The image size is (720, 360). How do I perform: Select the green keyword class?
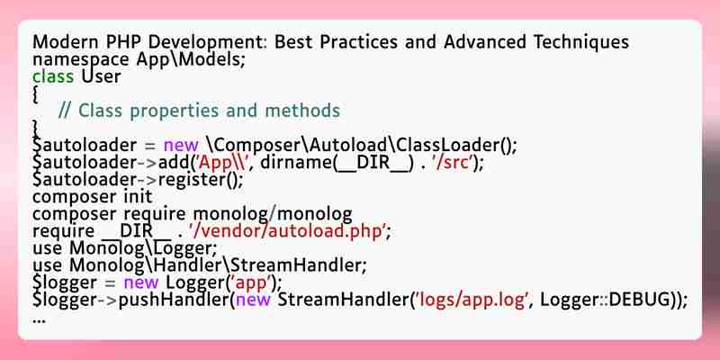[x=53, y=76]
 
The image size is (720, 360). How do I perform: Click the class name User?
[x=101, y=76]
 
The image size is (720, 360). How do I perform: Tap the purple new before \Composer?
[x=181, y=146]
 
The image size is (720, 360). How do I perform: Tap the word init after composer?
[x=138, y=196]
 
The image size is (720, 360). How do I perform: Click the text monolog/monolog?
[x=273, y=214]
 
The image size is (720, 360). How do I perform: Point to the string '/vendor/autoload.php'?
[x=286, y=231]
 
